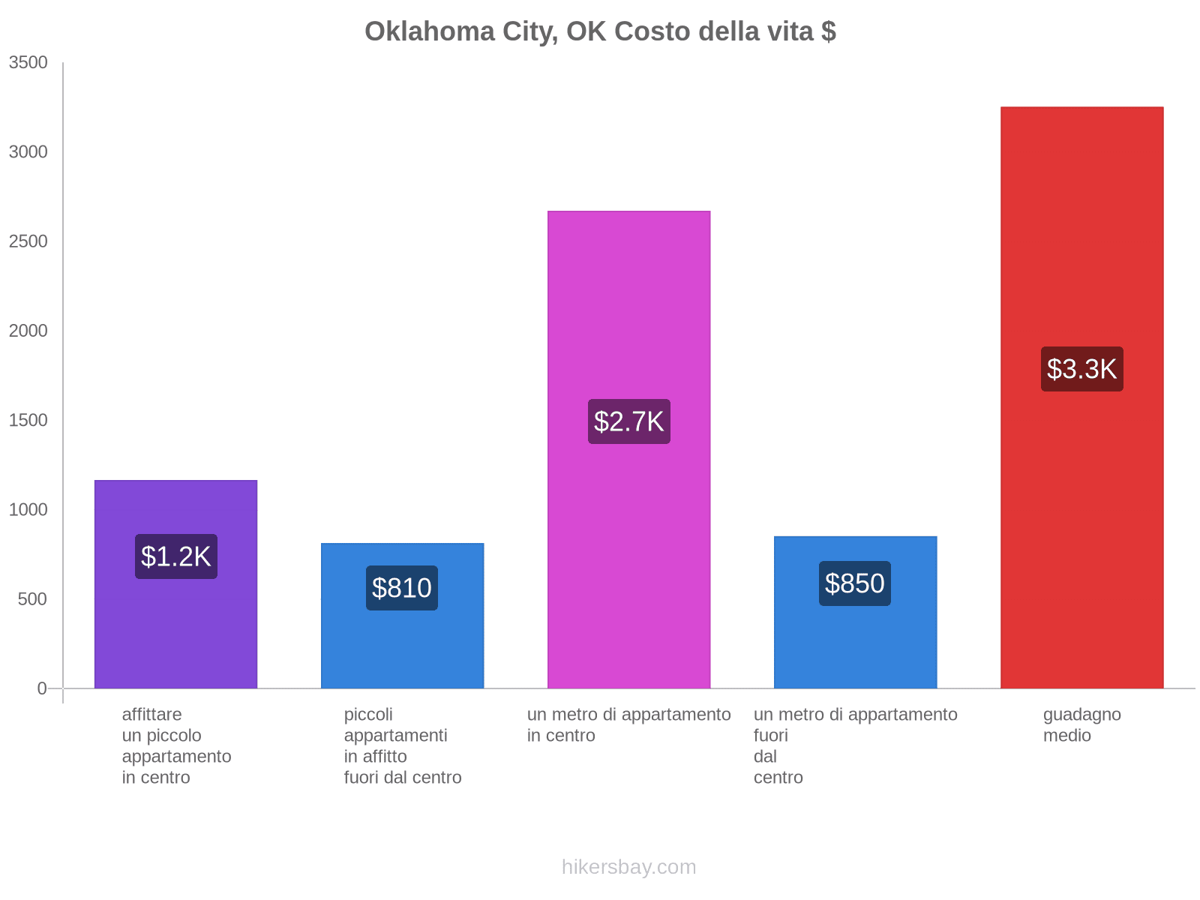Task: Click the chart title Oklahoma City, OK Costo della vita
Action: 600,31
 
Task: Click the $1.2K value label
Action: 176,556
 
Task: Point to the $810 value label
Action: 402,588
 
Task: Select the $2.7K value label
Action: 628,421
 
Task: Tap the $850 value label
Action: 855,583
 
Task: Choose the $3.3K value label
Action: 1081,369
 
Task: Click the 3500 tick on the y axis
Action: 28,63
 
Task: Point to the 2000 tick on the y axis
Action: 28,331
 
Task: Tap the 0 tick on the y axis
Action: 42,688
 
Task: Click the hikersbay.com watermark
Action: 628,867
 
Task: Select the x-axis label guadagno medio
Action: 1081,724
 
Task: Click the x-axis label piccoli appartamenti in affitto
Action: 402,745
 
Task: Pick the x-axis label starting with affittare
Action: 176,745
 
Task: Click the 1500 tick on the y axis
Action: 28,420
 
